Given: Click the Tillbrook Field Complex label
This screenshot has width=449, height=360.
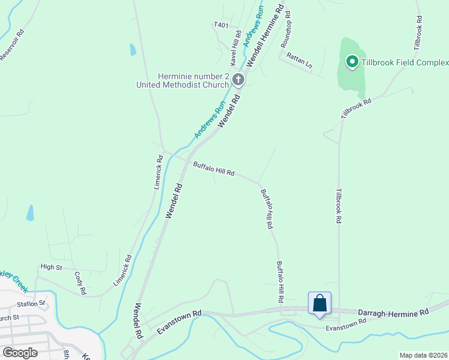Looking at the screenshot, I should click(x=405, y=62).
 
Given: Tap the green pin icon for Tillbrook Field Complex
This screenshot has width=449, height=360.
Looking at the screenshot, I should click(x=351, y=62).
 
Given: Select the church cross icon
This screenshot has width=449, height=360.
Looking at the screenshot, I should click(x=238, y=80).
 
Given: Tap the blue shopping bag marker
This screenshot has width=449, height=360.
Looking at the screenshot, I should click(x=319, y=303).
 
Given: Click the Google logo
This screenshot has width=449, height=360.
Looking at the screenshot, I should click(x=20, y=352).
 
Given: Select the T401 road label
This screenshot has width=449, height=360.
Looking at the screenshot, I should click(x=221, y=25).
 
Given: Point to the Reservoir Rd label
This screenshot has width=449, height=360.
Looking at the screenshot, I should click(x=11, y=46).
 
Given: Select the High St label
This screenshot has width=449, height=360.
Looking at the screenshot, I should click(x=51, y=266).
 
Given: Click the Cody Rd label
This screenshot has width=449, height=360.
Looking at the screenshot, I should click(x=80, y=283).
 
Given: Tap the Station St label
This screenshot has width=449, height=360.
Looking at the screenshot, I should click(x=34, y=304).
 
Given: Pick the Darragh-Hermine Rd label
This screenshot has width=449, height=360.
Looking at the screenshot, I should click(x=393, y=313).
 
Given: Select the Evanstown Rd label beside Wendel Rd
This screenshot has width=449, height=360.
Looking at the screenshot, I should click(x=179, y=322).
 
